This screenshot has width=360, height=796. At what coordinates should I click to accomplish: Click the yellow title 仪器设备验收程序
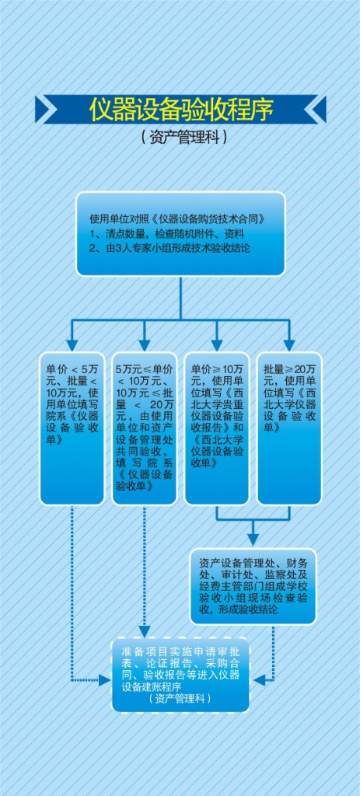181,108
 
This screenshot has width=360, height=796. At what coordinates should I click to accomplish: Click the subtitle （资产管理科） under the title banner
181,137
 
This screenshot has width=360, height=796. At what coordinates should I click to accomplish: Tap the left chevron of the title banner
47,109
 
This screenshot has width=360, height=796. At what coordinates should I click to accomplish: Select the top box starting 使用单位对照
180,233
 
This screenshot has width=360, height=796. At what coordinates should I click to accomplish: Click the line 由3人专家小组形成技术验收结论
170,248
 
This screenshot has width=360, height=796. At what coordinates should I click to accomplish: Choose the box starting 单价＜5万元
72,428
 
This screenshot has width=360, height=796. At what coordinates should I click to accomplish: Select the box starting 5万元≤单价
145,428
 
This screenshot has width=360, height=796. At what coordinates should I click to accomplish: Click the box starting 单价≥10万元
217,428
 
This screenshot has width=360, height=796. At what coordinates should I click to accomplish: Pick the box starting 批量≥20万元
289,428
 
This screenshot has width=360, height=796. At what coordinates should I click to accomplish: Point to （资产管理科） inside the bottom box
180,699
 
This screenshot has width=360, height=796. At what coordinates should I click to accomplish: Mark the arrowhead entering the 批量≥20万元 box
289,346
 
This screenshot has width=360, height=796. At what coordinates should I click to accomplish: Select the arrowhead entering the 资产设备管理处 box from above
253,540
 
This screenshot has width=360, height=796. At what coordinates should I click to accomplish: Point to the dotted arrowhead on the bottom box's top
144,631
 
